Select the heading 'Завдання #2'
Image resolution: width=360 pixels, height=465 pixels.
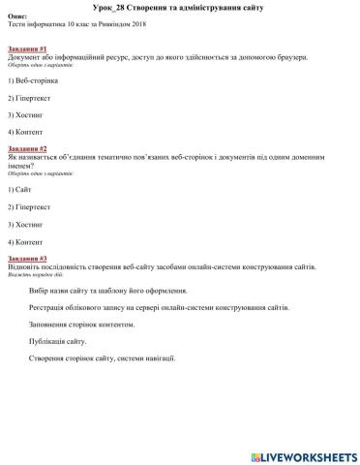(x=28, y=148)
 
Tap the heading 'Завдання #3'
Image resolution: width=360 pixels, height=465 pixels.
(x=28, y=259)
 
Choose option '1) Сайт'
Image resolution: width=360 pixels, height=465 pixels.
(x=20, y=190)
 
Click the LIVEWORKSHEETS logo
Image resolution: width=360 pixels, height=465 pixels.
(x=303, y=455)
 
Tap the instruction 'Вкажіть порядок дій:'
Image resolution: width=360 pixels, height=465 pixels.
(x=31, y=275)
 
